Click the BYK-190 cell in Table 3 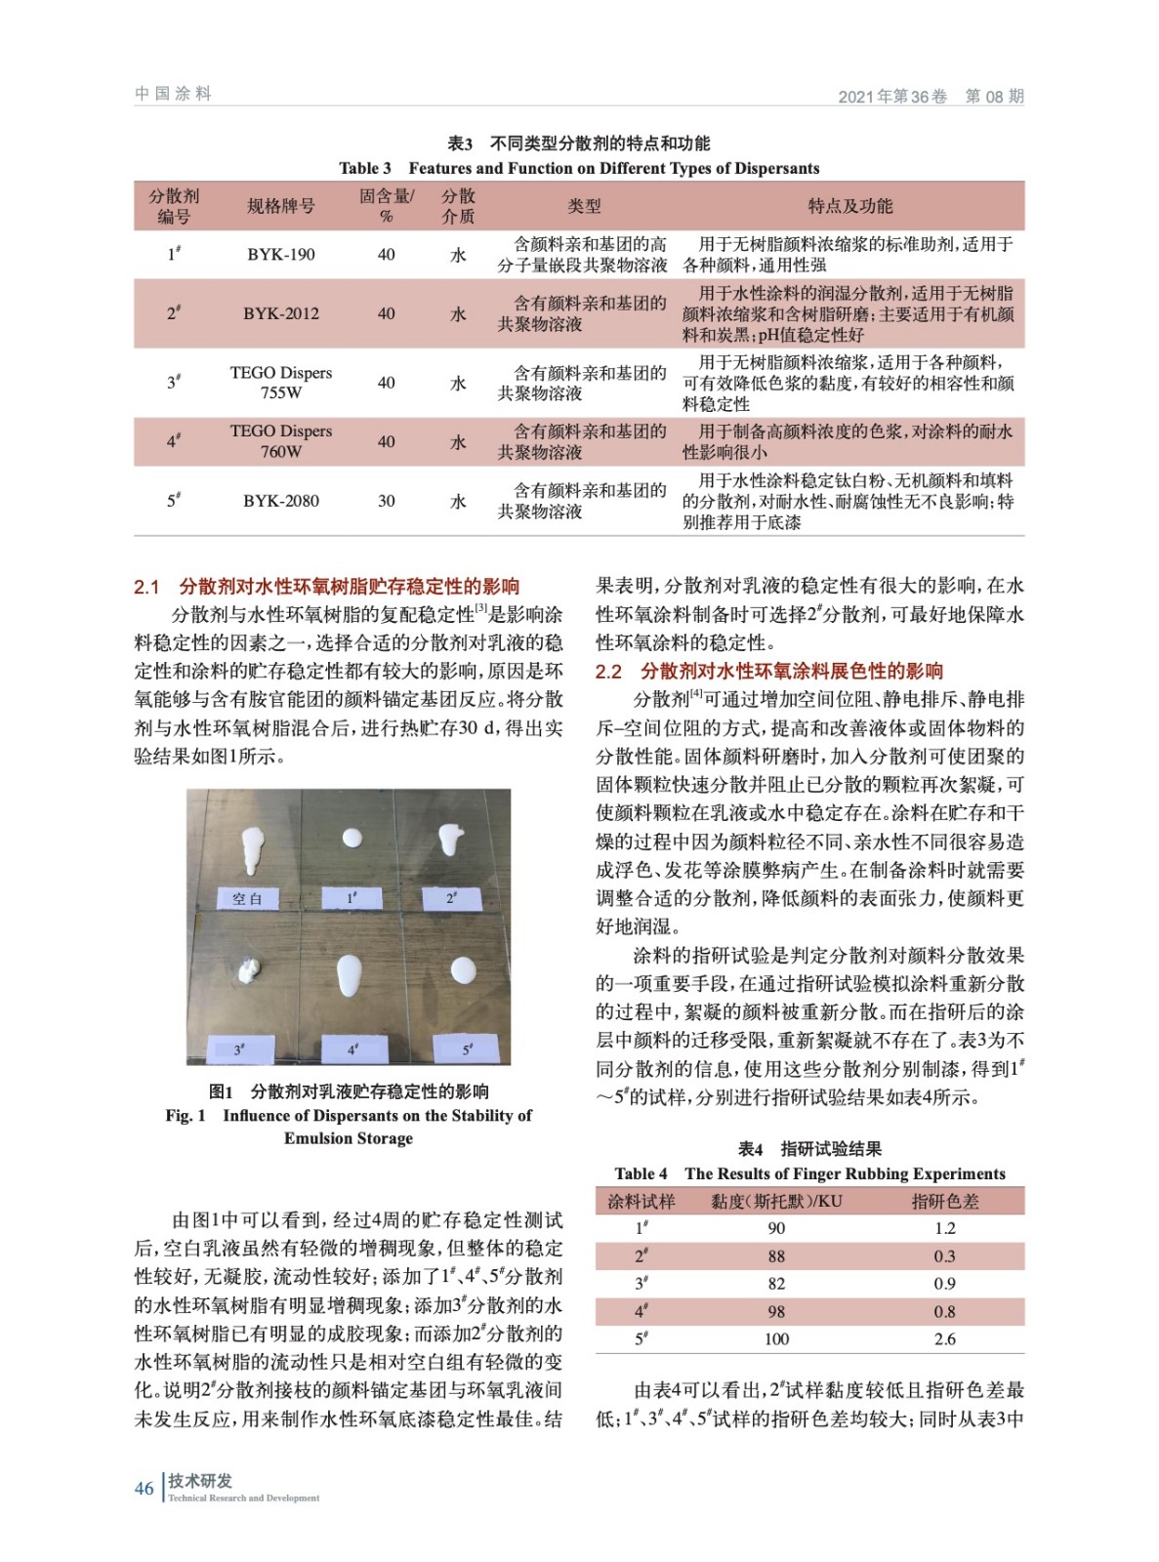[x=280, y=255]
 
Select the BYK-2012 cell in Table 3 [x=280, y=313]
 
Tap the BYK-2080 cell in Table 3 [x=280, y=501]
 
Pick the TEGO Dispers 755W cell [x=280, y=383]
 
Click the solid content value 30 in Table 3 [x=387, y=501]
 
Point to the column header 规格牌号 [x=280, y=206]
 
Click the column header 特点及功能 [x=849, y=206]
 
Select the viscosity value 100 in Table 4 [x=776, y=1339]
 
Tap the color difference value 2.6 [x=944, y=1339]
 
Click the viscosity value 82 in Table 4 [x=776, y=1284]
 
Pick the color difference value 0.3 [x=944, y=1256]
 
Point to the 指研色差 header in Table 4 [x=944, y=1201]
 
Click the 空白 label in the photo [x=247, y=898]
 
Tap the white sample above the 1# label [x=352, y=838]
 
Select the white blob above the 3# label [x=250, y=970]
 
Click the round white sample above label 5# [x=463, y=970]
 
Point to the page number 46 [x=144, y=1489]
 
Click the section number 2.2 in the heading [x=608, y=672]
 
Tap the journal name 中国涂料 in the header [x=173, y=94]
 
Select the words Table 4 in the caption [x=641, y=1173]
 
